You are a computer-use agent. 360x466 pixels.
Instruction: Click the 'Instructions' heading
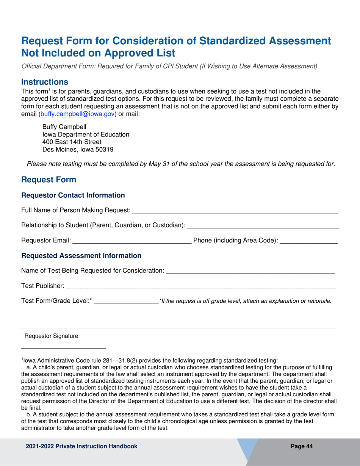click(45, 82)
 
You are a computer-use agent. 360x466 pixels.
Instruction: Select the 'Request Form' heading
click(49, 179)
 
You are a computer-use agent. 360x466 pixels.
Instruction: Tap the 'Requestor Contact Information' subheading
click(73, 195)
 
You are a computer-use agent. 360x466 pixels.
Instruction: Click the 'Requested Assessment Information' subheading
click(81, 256)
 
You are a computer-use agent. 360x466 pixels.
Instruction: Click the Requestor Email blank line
click(131, 241)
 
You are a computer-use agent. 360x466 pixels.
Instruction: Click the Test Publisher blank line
click(201, 286)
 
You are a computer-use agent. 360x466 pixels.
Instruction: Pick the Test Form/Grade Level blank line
click(126, 301)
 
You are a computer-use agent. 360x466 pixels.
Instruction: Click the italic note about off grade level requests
click(246, 301)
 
